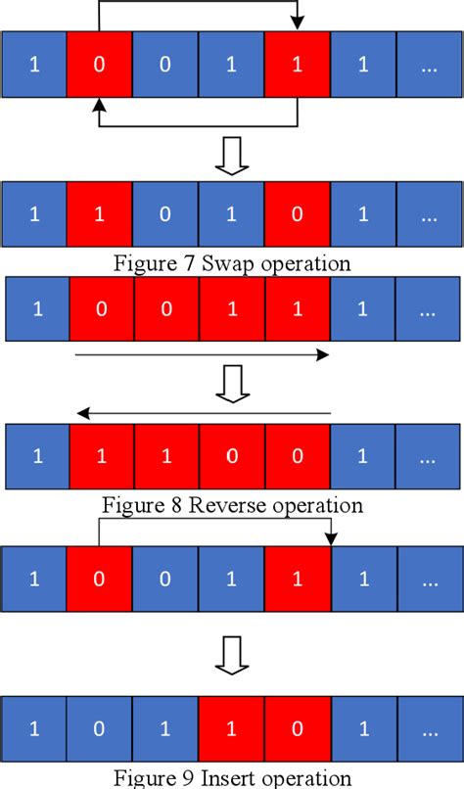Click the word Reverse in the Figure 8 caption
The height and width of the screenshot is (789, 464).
tap(223, 505)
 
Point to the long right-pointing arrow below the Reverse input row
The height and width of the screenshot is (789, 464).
tap(202, 355)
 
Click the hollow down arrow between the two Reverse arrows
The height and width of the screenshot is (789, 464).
tap(231, 384)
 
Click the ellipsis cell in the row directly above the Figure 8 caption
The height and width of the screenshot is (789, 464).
tap(429, 455)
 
